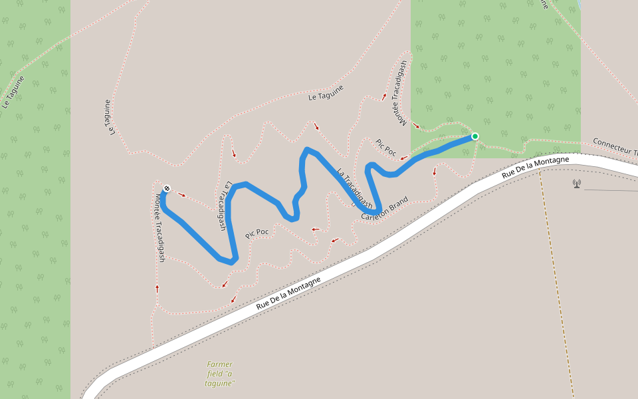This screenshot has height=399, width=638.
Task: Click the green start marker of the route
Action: click(x=475, y=136)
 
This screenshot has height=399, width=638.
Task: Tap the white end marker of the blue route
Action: click(x=166, y=188)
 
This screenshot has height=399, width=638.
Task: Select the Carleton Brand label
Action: click(x=384, y=209)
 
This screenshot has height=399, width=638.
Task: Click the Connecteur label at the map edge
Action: click(x=615, y=147)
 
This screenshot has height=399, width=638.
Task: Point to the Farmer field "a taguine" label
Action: click(x=220, y=374)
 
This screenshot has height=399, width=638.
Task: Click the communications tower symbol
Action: click(x=576, y=183)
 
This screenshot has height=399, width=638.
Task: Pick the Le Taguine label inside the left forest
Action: click(x=13, y=92)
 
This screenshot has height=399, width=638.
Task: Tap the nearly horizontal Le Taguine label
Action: click(x=326, y=93)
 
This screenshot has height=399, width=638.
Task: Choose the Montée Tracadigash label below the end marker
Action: click(x=159, y=227)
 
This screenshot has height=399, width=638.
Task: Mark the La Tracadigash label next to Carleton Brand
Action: click(x=354, y=189)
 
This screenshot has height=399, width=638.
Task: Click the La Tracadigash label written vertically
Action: click(x=224, y=206)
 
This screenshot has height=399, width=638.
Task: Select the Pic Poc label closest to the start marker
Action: click(x=386, y=148)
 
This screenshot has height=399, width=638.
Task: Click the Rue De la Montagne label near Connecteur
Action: click(x=535, y=167)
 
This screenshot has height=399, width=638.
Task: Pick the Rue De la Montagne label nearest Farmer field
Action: click(x=288, y=293)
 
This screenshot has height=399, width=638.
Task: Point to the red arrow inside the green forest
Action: click(x=416, y=125)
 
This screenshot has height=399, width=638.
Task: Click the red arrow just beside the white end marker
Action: click(x=181, y=195)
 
